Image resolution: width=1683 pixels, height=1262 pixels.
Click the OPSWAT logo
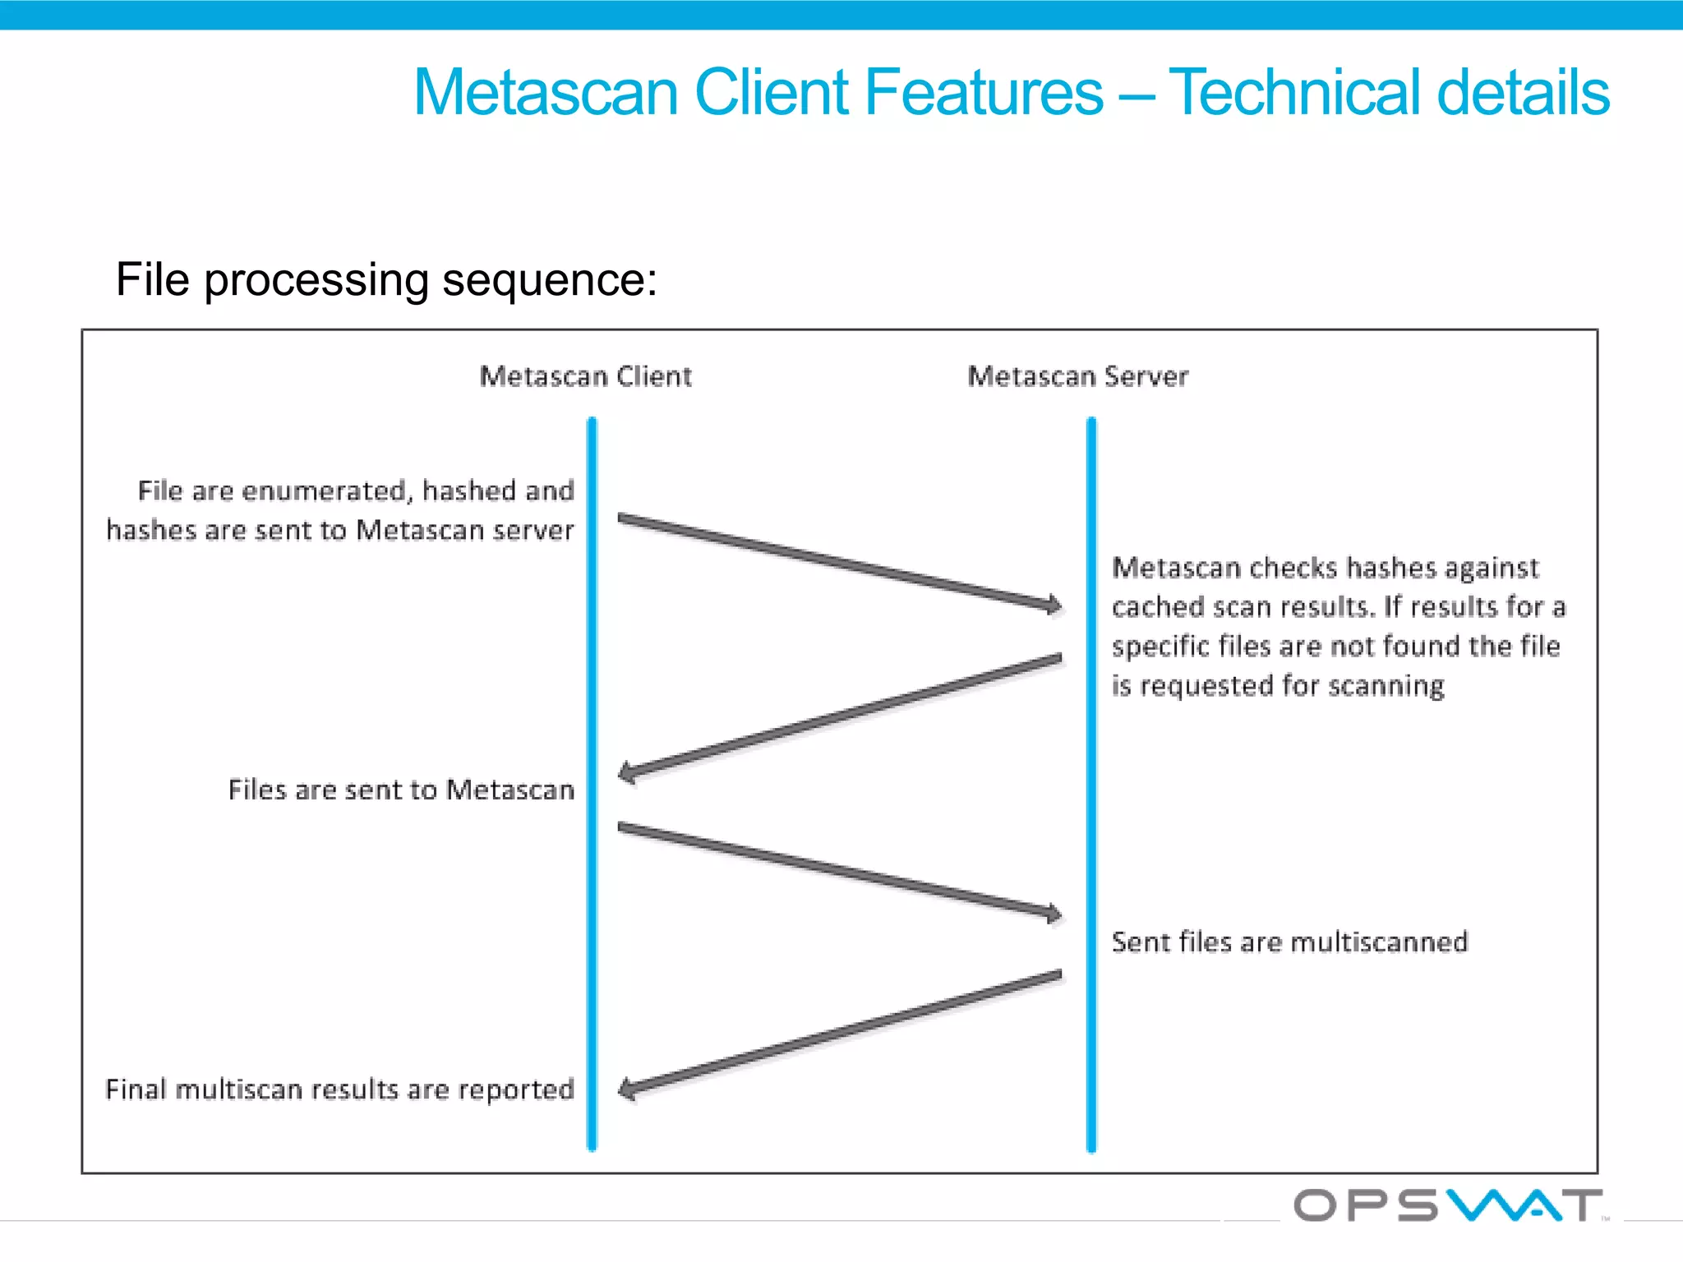pyautogui.click(x=1448, y=1205)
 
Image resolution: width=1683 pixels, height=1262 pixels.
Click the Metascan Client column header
pyautogui.click(x=585, y=376)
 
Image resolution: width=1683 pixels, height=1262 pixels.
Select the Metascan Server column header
pyautogui.click(x=1077, y=376)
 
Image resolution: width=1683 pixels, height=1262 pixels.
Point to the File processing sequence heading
pyautogui.click(x=386, y=279)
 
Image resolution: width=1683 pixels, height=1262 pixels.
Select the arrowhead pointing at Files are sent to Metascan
pyautogui.click(x=628, y=772)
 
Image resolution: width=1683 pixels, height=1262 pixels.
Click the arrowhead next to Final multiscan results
pyautogui.click(x=628, y=1089)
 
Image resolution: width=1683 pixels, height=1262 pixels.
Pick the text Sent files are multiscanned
pyautogui.click(x=1289, y=942)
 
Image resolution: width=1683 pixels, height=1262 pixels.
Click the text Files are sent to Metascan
pyautogui.click(x=401, y=790)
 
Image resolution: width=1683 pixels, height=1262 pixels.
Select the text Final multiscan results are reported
pyautogui.click(x=339, y=1089)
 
